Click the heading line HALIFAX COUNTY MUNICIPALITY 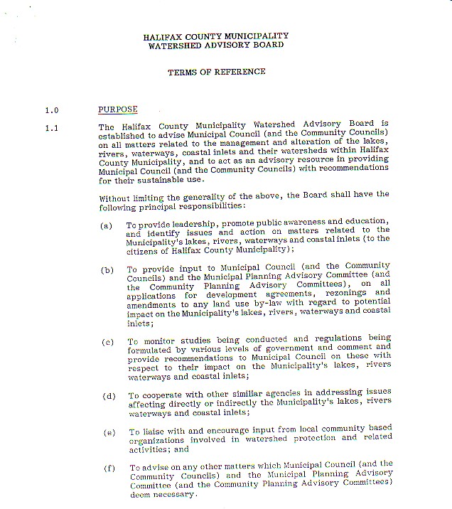(216, 36)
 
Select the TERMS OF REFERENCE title (216, 72)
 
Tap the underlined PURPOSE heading (118, 109)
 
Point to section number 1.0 (51, 110)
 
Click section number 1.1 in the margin (51, 128)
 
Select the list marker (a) (107, 225)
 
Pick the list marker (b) (107, 270)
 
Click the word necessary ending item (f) (176, 494)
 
